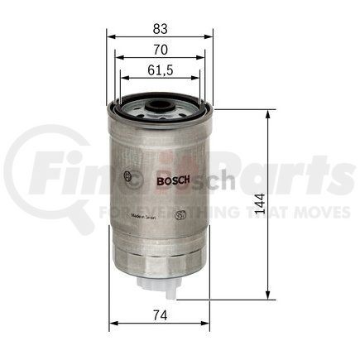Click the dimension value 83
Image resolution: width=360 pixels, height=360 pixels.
[x=160, y=26]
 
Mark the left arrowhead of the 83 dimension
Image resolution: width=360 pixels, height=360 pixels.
[x=111, y=37]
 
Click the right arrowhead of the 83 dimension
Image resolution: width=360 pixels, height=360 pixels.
[x=210, y=37]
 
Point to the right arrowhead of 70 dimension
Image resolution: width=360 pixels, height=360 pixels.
[x=202, y=58]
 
